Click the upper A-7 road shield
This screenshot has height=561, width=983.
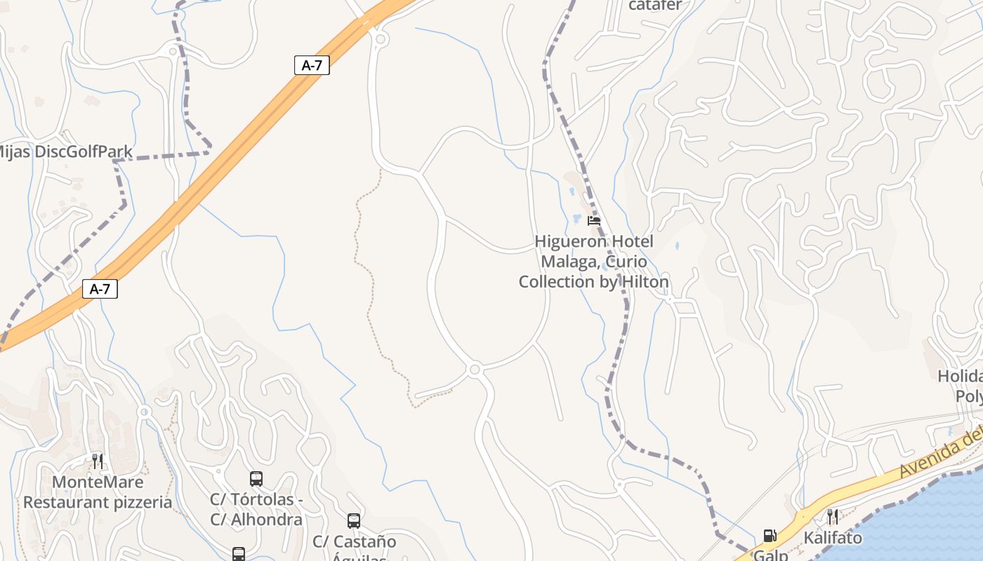(x=312, y=65)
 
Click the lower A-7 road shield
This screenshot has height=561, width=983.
(x=100, y=288)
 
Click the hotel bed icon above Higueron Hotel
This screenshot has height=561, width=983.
(x=594, y=221)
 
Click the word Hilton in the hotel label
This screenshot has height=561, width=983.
(x=645, y=282)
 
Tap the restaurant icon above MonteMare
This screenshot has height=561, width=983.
(x=98, y=461)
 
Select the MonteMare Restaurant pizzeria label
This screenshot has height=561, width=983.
(x=98, y=492)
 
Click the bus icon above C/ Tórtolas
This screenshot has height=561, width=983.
(x=256, y=479)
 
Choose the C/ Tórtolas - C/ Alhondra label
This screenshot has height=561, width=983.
(x=256, y=510)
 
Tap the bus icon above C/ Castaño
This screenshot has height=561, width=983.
(x=354, y=521)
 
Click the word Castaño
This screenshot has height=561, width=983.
(x=365, y=542)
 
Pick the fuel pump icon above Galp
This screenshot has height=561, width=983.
(x=770, y=536)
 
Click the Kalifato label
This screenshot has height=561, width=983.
(x=833, y=539)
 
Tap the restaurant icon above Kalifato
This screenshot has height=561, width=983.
(x=833, y=517)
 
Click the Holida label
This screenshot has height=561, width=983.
(x=960, y=376)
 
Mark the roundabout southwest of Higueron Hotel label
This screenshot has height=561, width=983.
(x=475, y=369)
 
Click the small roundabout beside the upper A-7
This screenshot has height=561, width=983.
(x=381, y=39)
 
